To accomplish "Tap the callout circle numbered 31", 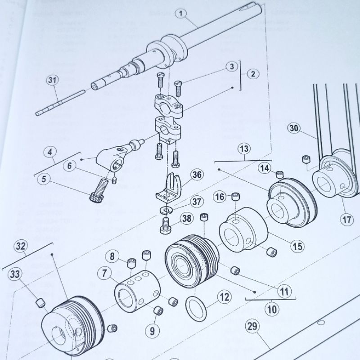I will pos(53,81).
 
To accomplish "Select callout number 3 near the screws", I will pos(231,67).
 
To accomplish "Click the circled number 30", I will pos(294,129).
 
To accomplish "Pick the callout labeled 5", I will pos(44,179).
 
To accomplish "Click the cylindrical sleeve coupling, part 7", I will pos(135,293).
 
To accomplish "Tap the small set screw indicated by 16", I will pos(234,197).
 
